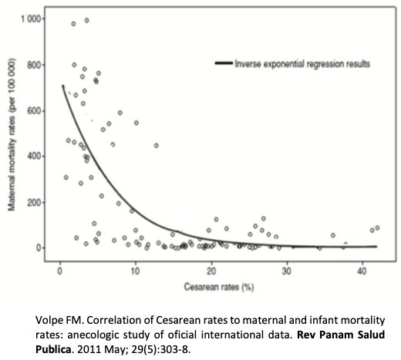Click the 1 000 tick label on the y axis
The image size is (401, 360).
click(x=31, y=19)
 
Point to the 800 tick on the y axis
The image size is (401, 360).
click(x=34, y=65)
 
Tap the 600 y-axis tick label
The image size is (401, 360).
click(x=34, y=111)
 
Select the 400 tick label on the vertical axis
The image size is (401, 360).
click(x=34, y=156)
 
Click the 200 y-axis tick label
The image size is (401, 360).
click(x=34, y=202)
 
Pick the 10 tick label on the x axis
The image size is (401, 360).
click(x=135, y=271)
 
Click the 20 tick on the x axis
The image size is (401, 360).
click(x=211, y=271)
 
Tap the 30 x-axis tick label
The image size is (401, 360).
click(x=287, y=271)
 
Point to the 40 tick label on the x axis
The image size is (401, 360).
click(x=362, y=271)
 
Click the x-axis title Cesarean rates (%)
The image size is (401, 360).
click(x=219, y=287)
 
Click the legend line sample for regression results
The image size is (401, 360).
click(x=224, y=63)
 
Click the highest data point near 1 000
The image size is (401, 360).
click(x=87, y=20)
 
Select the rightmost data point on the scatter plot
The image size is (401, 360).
click(x=377, y=227)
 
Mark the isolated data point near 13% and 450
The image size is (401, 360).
click(x=157, y=146)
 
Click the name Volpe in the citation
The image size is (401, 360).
click(x=46, y=321)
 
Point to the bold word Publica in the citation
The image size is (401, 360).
click(x=53, y=349)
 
